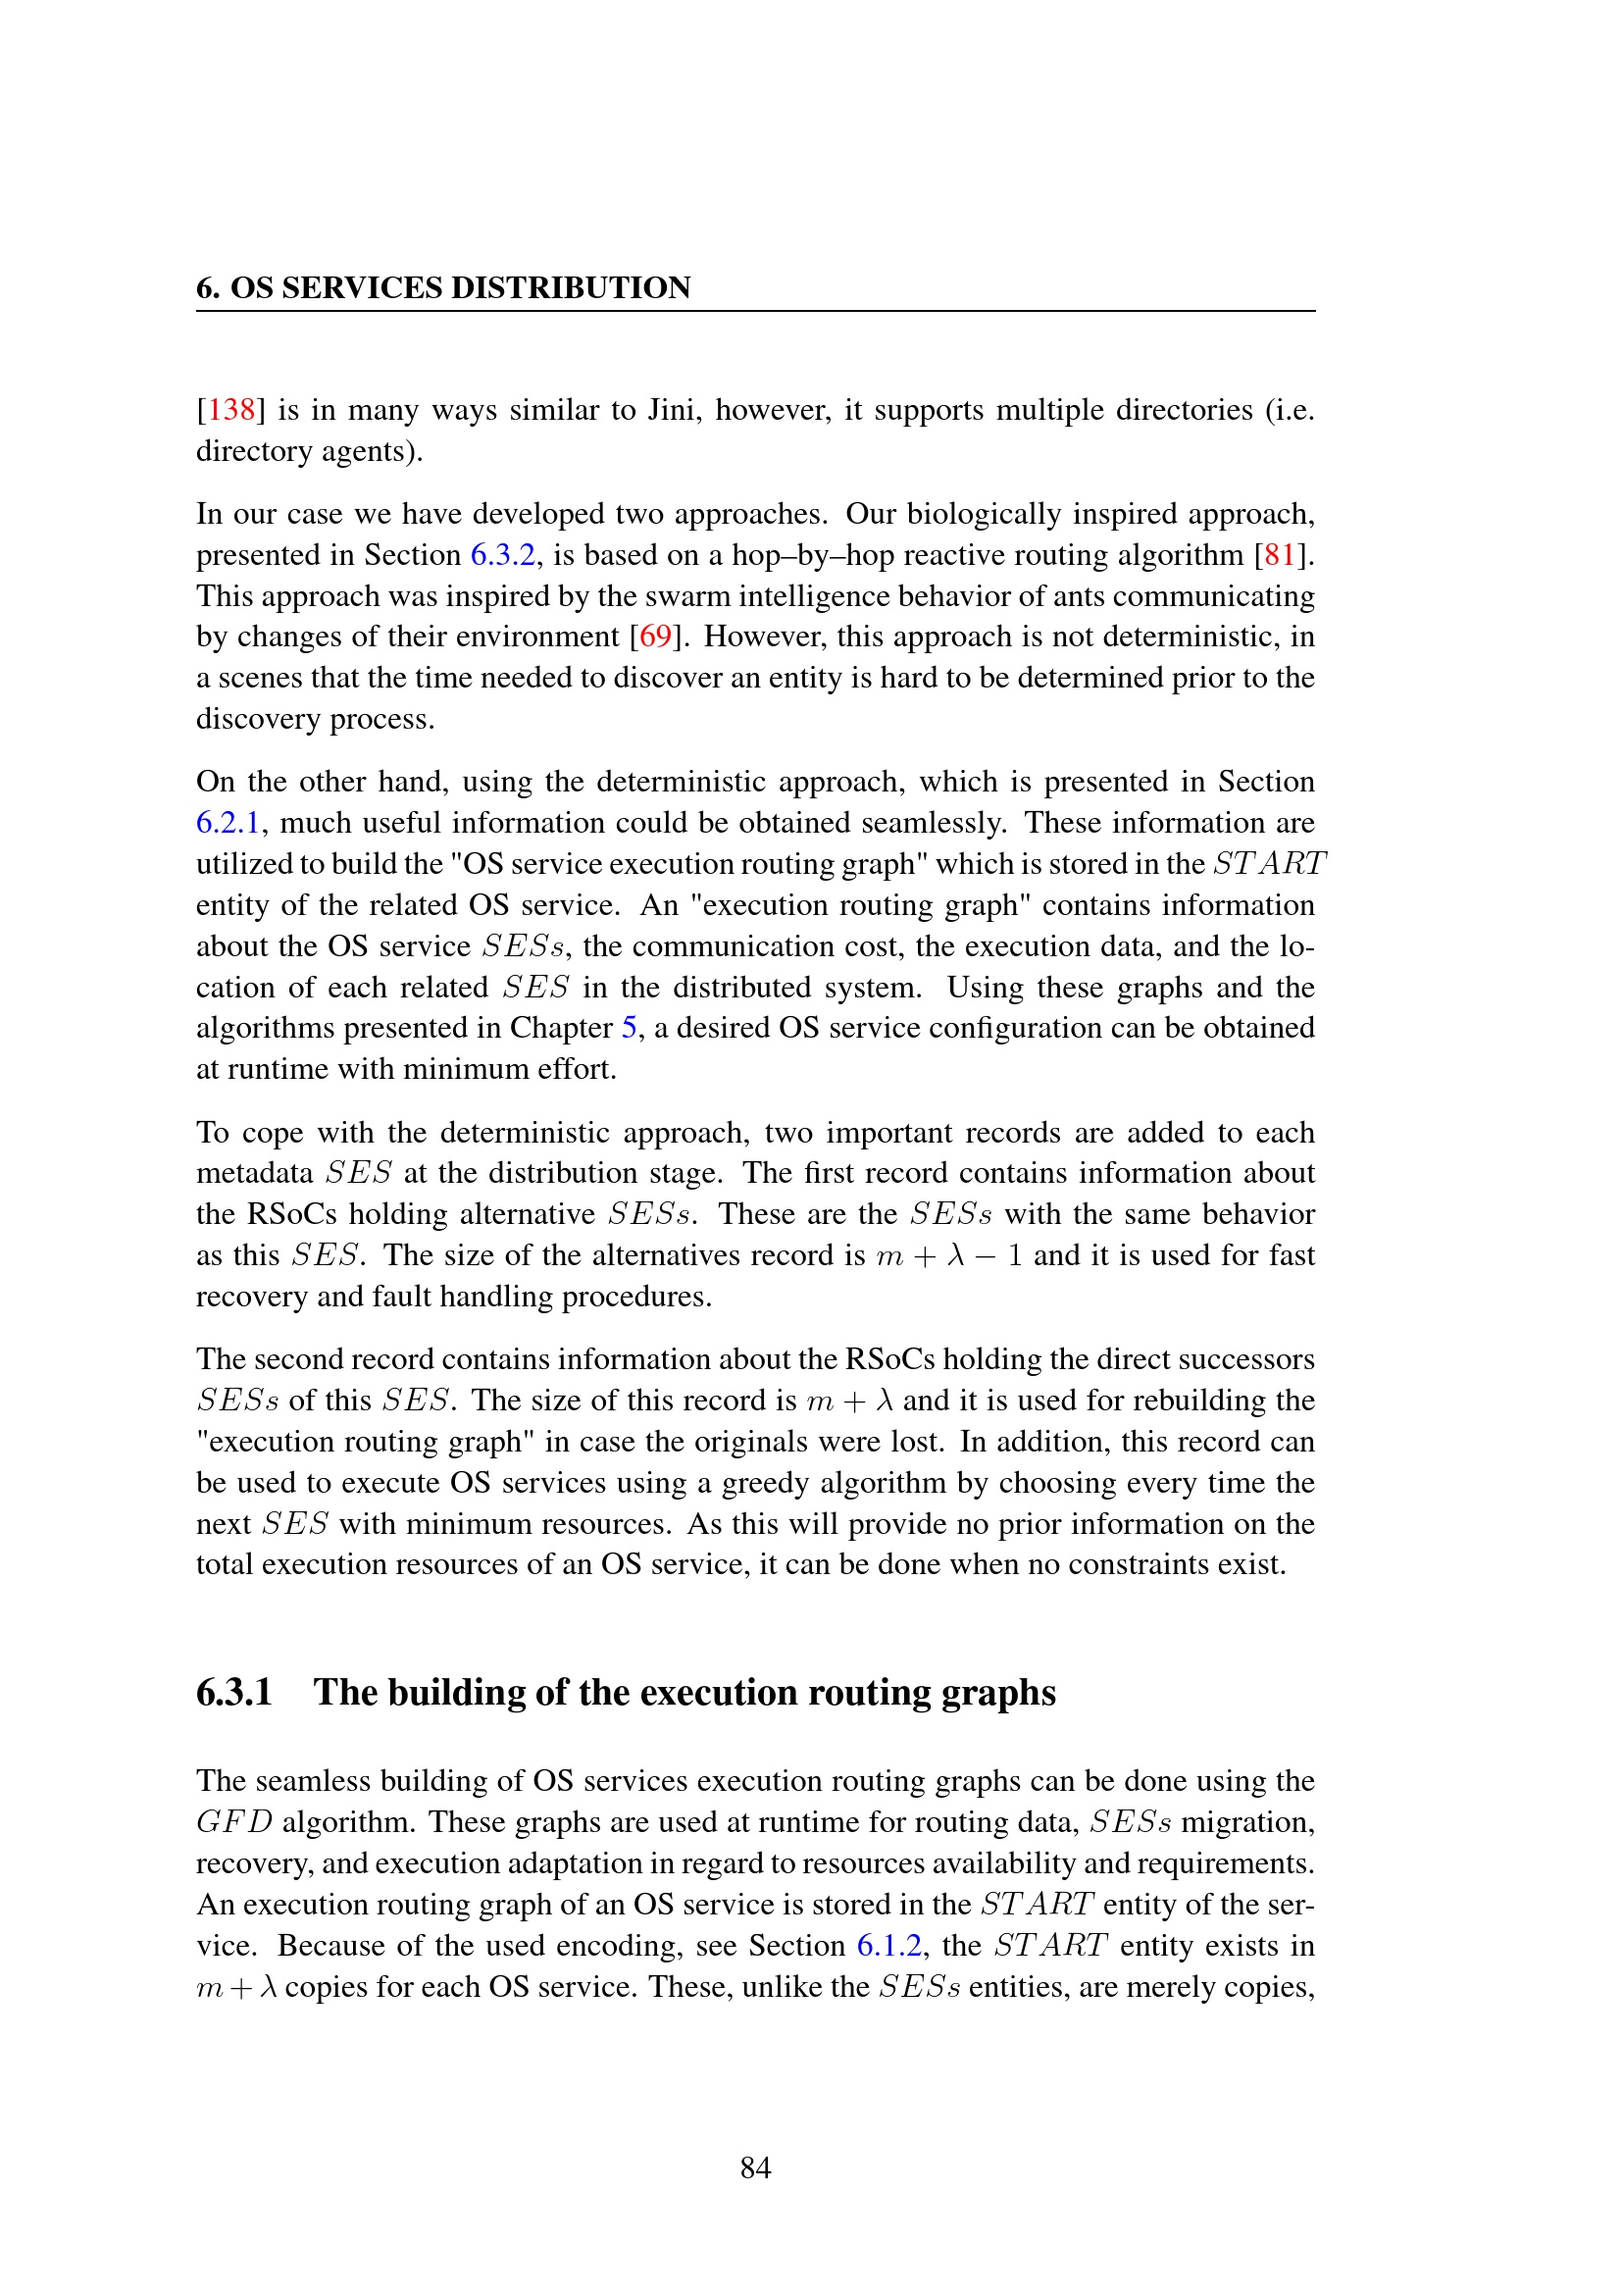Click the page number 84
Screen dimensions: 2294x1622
click(755, 2167)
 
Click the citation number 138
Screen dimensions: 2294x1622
click(230, 410)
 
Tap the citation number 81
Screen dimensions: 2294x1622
click(1280, 554)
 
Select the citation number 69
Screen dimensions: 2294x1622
click(654, 637)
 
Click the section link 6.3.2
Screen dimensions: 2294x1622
click(502, 554)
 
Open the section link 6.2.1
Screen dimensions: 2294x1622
click(228, 822)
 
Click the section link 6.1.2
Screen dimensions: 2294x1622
click(888, 1945)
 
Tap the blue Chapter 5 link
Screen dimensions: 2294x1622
click(629, 1028)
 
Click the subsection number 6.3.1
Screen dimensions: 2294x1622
click(233, 1693)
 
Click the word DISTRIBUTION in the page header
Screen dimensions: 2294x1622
click(571, 287)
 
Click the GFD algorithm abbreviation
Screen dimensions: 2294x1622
click(233, 1822)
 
